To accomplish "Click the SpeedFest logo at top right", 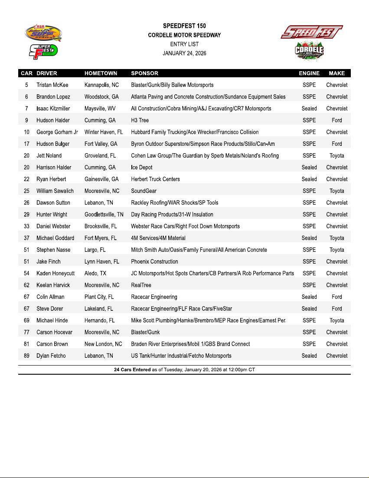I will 311,32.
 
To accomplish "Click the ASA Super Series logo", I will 43,33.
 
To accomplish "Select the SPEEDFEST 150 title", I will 184,26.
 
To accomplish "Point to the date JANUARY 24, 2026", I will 184,53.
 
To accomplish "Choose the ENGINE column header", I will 309,73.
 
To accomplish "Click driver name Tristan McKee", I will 52,85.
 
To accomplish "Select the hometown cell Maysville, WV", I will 100,109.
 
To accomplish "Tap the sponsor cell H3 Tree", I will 140,120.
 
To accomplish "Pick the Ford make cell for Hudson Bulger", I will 336,144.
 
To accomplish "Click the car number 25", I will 26,191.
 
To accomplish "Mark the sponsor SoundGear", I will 144,191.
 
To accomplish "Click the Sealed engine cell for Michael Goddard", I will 309,238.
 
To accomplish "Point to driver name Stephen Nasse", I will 53,250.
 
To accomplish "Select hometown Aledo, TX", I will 95,274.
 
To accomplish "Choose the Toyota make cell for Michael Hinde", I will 336,320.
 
